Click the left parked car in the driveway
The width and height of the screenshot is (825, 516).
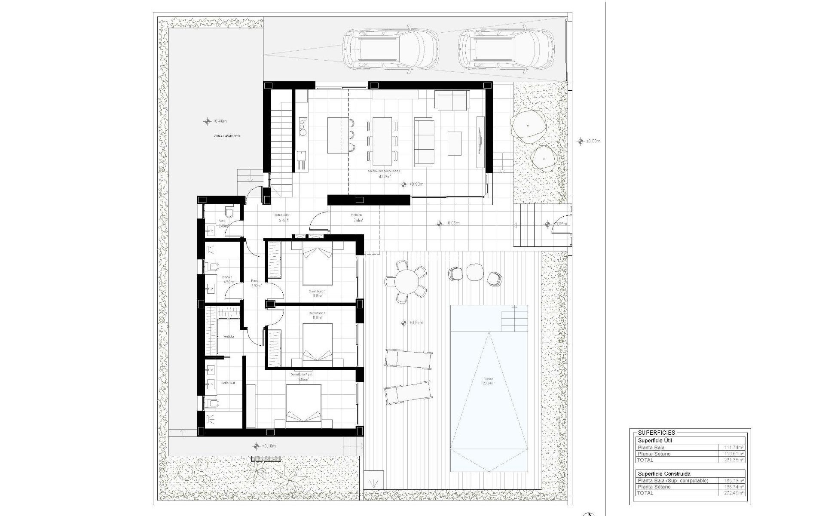click(x=391, y=48)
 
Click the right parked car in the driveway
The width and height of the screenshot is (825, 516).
click(x=505, y=48)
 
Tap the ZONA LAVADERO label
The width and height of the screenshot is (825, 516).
click(x=226, y=136)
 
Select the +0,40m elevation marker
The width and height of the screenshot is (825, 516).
click(x=208, y=121)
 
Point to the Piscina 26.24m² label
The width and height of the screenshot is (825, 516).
click(x=489, y=381)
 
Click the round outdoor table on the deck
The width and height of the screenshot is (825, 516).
click(x=406, y=282)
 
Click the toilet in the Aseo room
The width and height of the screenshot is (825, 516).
click(x=229, y=212)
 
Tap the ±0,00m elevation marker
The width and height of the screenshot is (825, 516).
click(x=581, y=141)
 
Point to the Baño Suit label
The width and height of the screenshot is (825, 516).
click(x=228, y=383)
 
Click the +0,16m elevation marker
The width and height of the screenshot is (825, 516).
click(x=257, y=446)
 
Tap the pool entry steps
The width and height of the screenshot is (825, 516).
click(x=514, y=318)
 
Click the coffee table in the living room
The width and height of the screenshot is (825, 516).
click(x=455, y=143)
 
